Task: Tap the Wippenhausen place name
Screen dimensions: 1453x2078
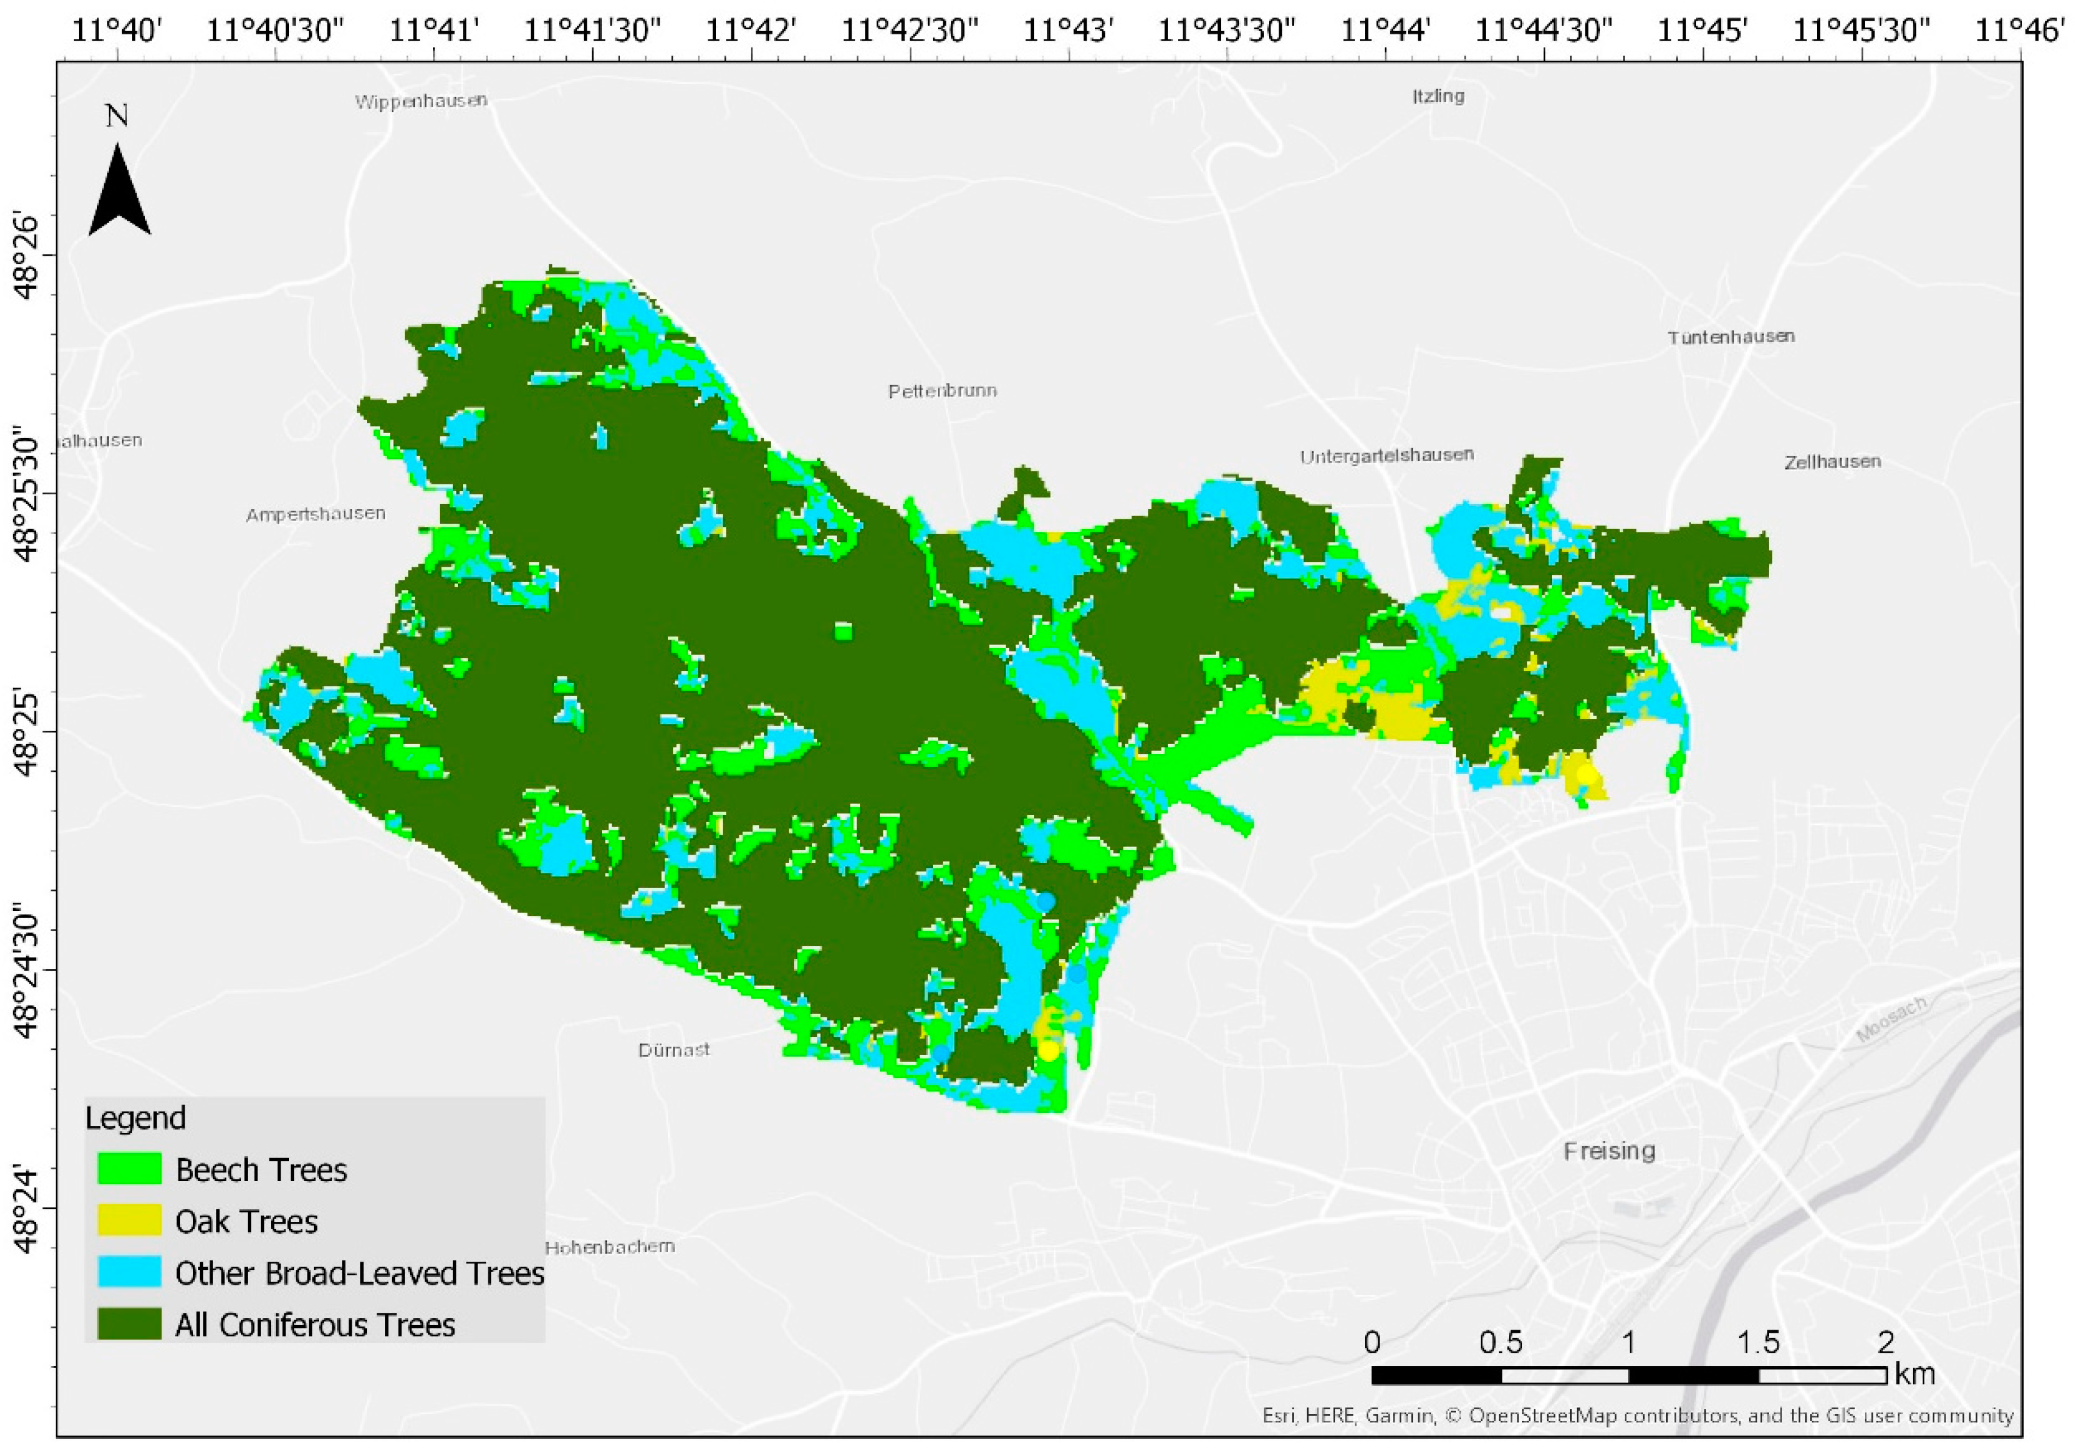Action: tap(421, 100)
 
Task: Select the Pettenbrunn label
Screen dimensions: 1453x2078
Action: tap(942, 391)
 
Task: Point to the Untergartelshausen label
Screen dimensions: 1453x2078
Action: tap(1387, 456)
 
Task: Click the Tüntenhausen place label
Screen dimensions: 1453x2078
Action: tap(1731, 337)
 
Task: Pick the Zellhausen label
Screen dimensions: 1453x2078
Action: tap(1832, 462)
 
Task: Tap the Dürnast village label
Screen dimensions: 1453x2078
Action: tap(674, 1050)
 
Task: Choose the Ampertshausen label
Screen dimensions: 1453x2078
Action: tap(315, 515)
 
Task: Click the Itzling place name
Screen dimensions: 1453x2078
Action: tap(1438, 96)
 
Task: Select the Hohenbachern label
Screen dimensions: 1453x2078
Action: tap(609, 1246)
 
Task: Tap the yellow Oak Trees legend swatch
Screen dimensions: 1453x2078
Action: tap(129, 1220)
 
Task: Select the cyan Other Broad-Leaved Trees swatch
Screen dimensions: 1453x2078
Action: tap(129, 1272)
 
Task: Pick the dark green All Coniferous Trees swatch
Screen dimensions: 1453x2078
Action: tap(129, 1324)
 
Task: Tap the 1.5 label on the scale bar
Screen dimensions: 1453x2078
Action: tap(1758, 1342)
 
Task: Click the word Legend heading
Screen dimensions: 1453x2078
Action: tap(135, 1119)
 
